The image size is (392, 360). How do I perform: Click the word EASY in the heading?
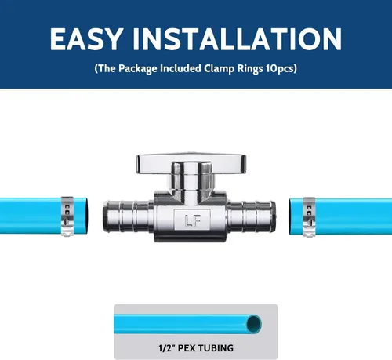pyautogui.click(x=86, y=38)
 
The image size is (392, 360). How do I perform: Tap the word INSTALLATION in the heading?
pyautogui.click(x=238, y=38)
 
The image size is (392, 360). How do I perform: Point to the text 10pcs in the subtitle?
pyautogui.click(x=280, y=68)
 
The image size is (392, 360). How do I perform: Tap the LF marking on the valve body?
pyautogui.click(x=192, y=220)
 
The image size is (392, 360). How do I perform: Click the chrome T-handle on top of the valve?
pyautogui.click(x=191, y=164)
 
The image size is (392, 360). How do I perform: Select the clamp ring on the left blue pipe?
pyautogui.click(x=67, y=216)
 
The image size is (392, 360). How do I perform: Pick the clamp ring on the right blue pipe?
pyautogui.click(x=309, y=217)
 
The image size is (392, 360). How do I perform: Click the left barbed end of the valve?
pyautogui.click(x=128, y=216)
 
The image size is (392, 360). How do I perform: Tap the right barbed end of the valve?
pyautogui.click(x=252, y=216)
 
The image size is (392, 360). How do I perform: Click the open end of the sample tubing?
pyautogui.click(x=254, y=324)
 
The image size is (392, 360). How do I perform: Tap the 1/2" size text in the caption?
pyautogui.click(x=167, y=348)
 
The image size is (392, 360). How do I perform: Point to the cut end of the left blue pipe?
pyautogui.click(x=85, y=216)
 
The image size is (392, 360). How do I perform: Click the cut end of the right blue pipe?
pyautogui.click(x=291, y=216)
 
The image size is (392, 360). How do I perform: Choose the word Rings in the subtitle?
pyautogui.click(x=250, y=69)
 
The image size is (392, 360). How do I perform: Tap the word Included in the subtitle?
pyautogui.click(x=180, y=68)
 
